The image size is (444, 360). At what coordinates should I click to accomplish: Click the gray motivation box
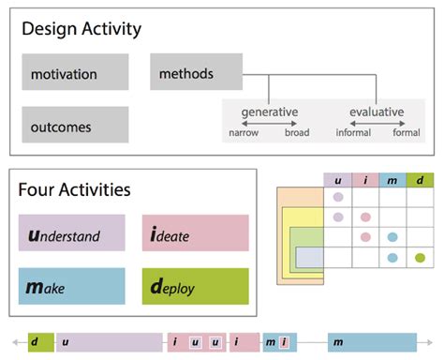(75, 72)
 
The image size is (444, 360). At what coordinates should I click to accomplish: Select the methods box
(196, 72)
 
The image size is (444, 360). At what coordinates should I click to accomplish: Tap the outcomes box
(75, 124)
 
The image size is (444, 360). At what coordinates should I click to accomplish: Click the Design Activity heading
(81, 29)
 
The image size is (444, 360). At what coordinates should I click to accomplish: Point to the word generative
(270, 112)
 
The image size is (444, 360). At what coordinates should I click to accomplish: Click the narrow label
(244, 133)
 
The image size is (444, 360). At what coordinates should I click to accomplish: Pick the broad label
(296, 133)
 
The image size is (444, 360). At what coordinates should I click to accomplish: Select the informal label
(353, 133)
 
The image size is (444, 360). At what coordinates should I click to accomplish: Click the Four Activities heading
(74, 190)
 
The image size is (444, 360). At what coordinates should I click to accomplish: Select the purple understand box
(71, 233)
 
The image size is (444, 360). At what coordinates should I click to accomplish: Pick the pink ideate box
(195, 233)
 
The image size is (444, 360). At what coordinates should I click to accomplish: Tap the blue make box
(71, 286)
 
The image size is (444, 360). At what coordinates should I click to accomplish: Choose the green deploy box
(195, 286)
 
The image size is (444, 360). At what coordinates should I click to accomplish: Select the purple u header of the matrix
(337, 180)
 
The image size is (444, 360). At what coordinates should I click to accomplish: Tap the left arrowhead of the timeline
(10, 342)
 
